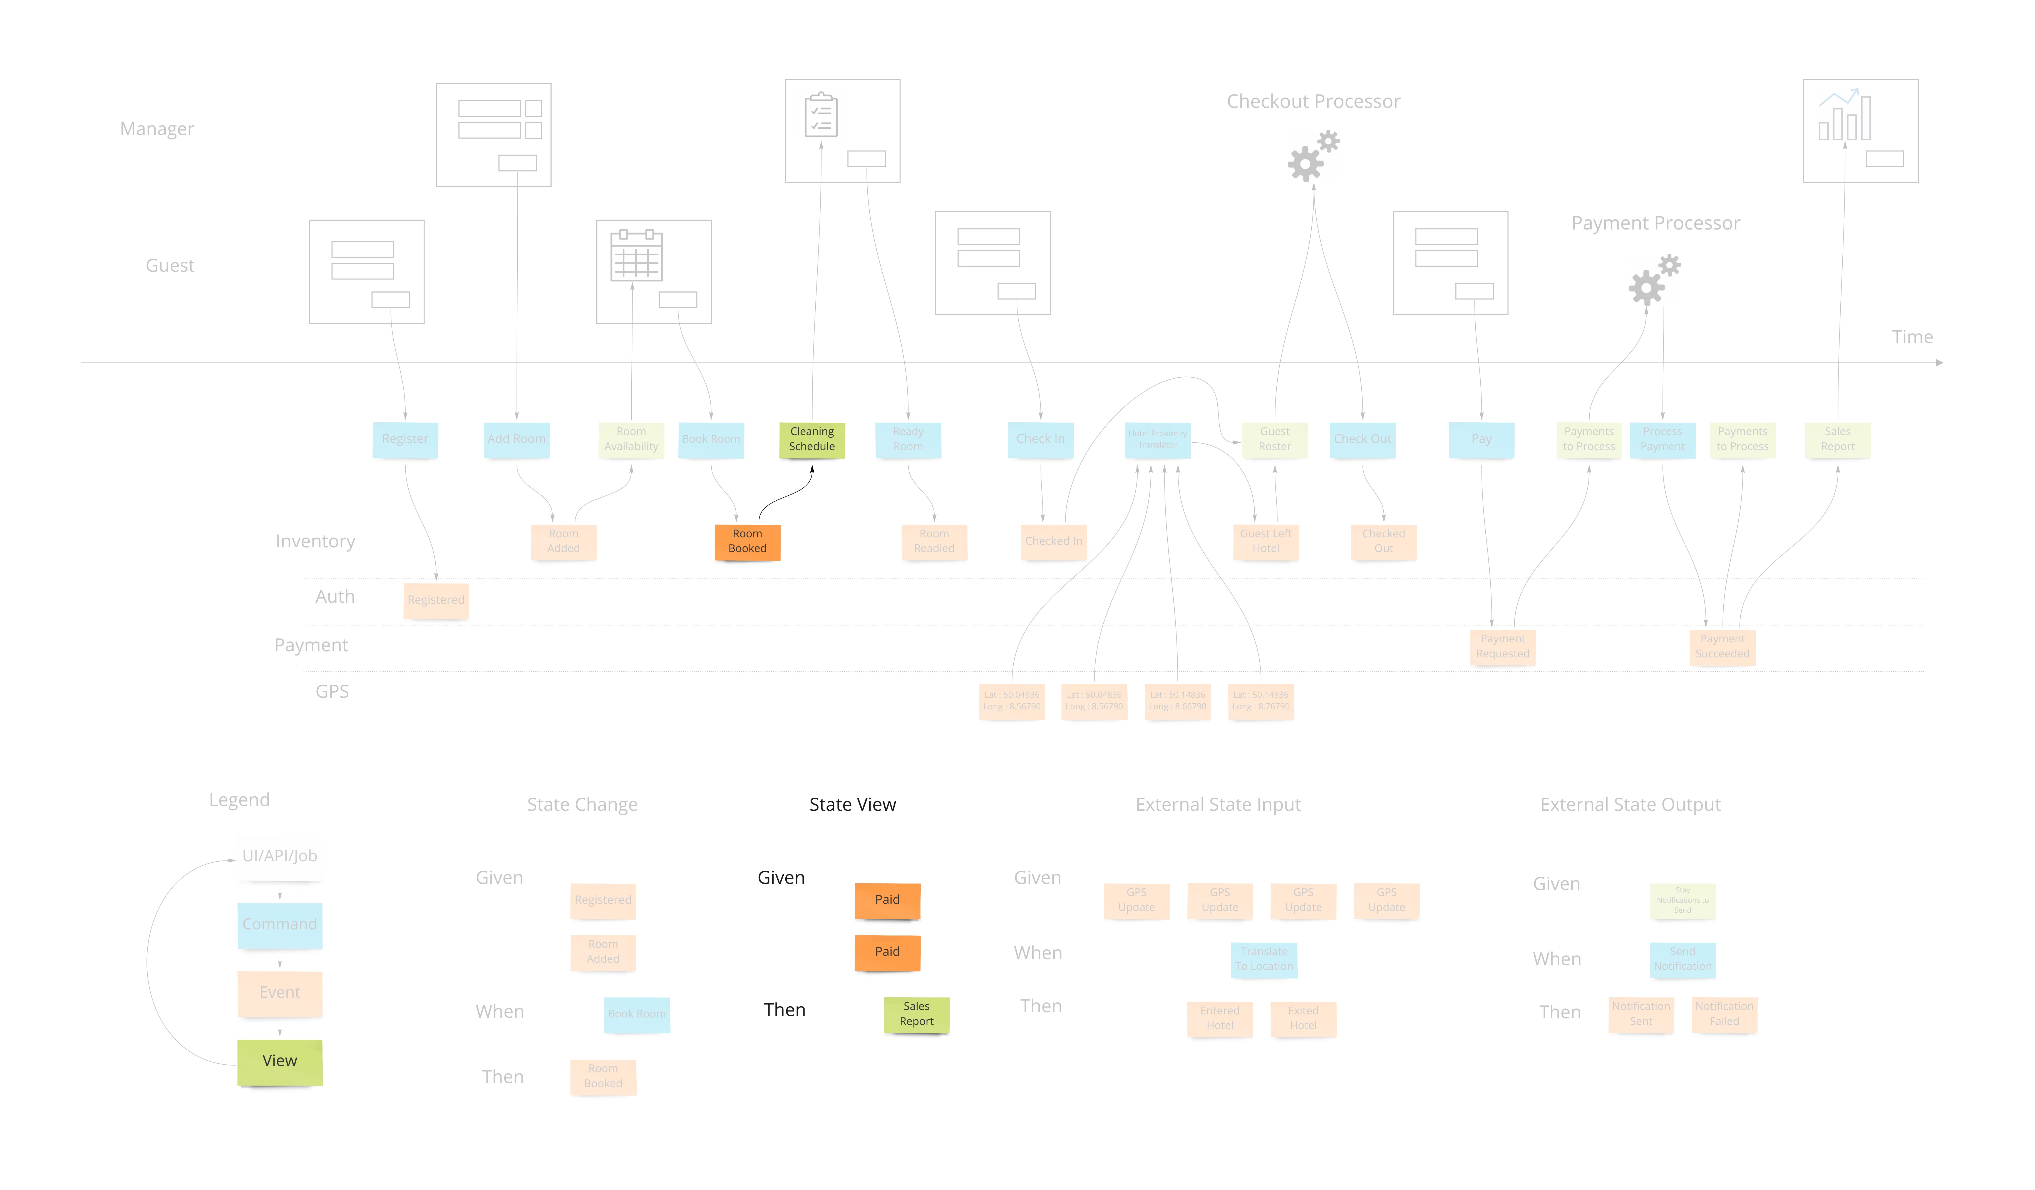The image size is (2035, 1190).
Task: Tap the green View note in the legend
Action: tap(279, 1061)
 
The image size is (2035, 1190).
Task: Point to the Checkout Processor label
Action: tap(1313, 102)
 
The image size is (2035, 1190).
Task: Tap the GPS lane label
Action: tap(332, 692)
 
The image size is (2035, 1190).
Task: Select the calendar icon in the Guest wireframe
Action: tap(636, 257)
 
